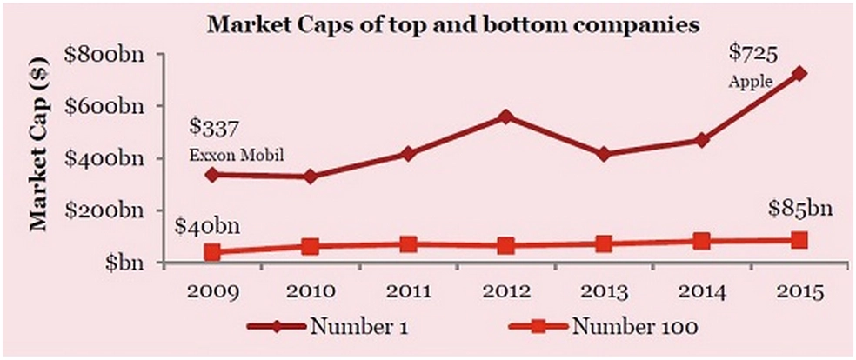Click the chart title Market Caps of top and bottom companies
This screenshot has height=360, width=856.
(x=452, y=25)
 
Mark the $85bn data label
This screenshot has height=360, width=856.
(x=801, y=210)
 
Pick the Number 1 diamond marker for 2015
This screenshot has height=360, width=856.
(x=799, y=73)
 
